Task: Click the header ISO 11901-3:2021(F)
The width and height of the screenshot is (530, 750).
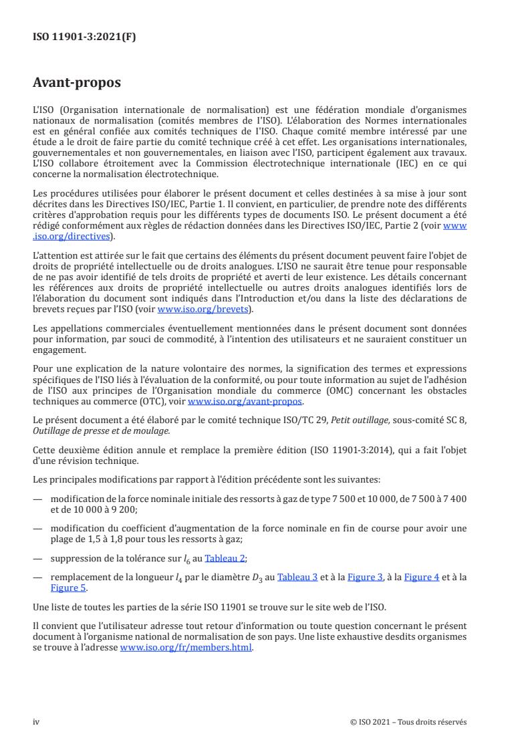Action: [x=84, y=37]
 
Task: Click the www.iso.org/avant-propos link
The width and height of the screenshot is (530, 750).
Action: [x=245, y=401]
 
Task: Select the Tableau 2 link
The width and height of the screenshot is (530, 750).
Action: [x=225, y=559]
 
